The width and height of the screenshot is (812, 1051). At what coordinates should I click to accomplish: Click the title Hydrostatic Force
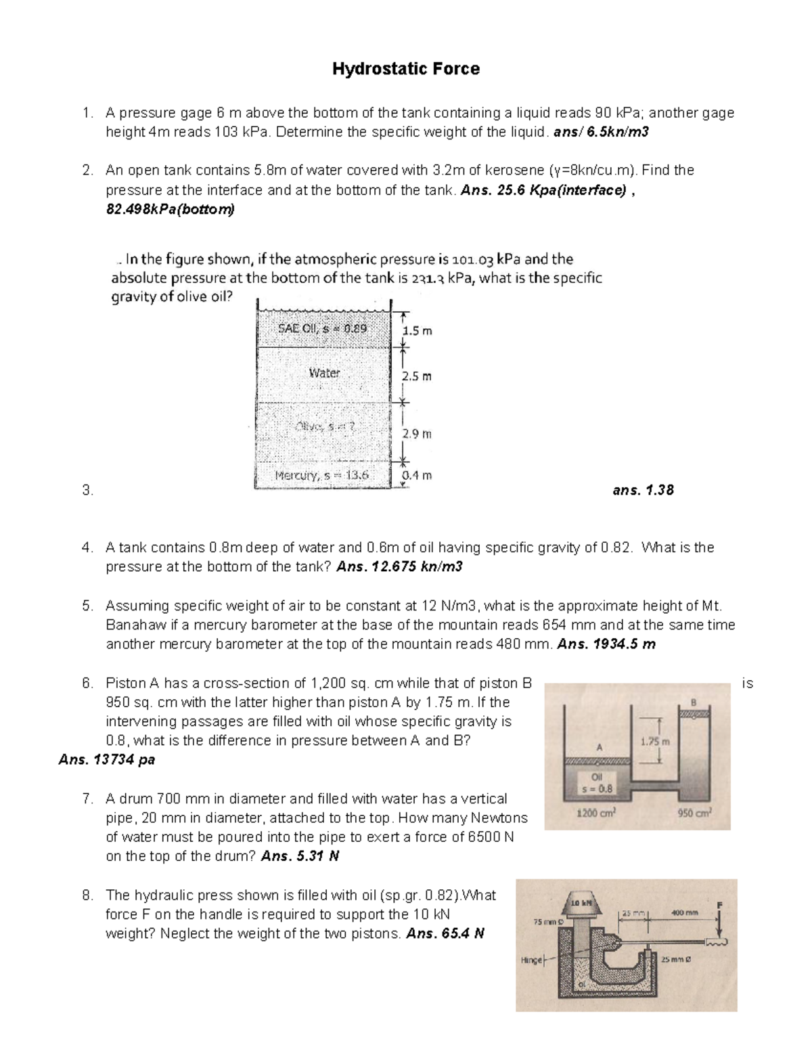[x=405, y=69]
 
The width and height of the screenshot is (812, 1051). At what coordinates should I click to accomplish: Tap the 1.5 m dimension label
[x=416, y=331]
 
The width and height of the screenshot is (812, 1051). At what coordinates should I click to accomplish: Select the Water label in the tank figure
[x=324, y=373]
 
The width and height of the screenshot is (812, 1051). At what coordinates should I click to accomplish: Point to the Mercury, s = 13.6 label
[x=322, y=475]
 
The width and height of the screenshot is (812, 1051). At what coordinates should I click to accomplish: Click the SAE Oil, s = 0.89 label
[x=322, y=328]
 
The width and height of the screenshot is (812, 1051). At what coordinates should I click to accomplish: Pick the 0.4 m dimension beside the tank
[x=416, y=475]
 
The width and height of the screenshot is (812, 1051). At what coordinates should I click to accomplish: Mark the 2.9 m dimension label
[x=416, y=434]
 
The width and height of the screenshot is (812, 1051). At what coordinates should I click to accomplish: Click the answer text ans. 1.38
[x=643, y=490]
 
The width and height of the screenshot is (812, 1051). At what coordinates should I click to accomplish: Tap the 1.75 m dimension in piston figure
[x=654, y=742]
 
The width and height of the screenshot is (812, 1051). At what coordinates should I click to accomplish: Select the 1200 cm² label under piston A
[x=595, y=813]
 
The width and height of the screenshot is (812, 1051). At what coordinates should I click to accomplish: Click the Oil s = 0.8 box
[x=597, y=783]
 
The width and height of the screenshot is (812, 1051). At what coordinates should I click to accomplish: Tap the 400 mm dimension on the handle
[x=684, y=913]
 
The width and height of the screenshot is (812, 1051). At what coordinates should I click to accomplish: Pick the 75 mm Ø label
[x=544, y=921]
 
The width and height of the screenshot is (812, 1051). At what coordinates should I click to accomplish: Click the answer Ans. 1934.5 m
[x=606, y=644]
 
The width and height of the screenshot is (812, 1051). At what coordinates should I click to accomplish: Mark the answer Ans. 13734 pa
[x=107, y=760]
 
